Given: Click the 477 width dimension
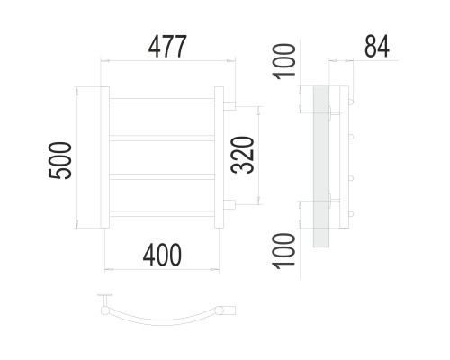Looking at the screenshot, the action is point(167,47).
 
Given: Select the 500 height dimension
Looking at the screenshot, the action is point(60,161).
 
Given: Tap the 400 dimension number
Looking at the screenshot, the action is point(162,255).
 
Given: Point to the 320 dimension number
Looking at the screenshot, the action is point(243,155).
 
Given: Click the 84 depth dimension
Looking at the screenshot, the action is point(377,47).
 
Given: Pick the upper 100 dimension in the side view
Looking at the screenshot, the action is point(283,61).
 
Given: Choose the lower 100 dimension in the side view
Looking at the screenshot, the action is point(283,251).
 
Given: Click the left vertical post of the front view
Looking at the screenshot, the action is point(104,157).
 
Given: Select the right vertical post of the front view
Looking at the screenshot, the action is point(219,157).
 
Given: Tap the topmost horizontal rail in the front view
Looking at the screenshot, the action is point(162,101).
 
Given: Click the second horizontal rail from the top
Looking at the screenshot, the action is point(162,138).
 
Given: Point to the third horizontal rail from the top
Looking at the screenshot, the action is point(162,176).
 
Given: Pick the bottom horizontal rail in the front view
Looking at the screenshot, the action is point(162,214).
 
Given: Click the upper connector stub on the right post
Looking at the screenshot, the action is point(229,106).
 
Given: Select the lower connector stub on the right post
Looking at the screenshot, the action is point(229,204).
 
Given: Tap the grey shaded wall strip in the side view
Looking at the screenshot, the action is point(321,166).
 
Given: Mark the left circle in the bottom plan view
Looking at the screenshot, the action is point(105,310).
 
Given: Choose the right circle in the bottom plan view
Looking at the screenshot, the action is point(220,310).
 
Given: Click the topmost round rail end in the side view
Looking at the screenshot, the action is point(351,102).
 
